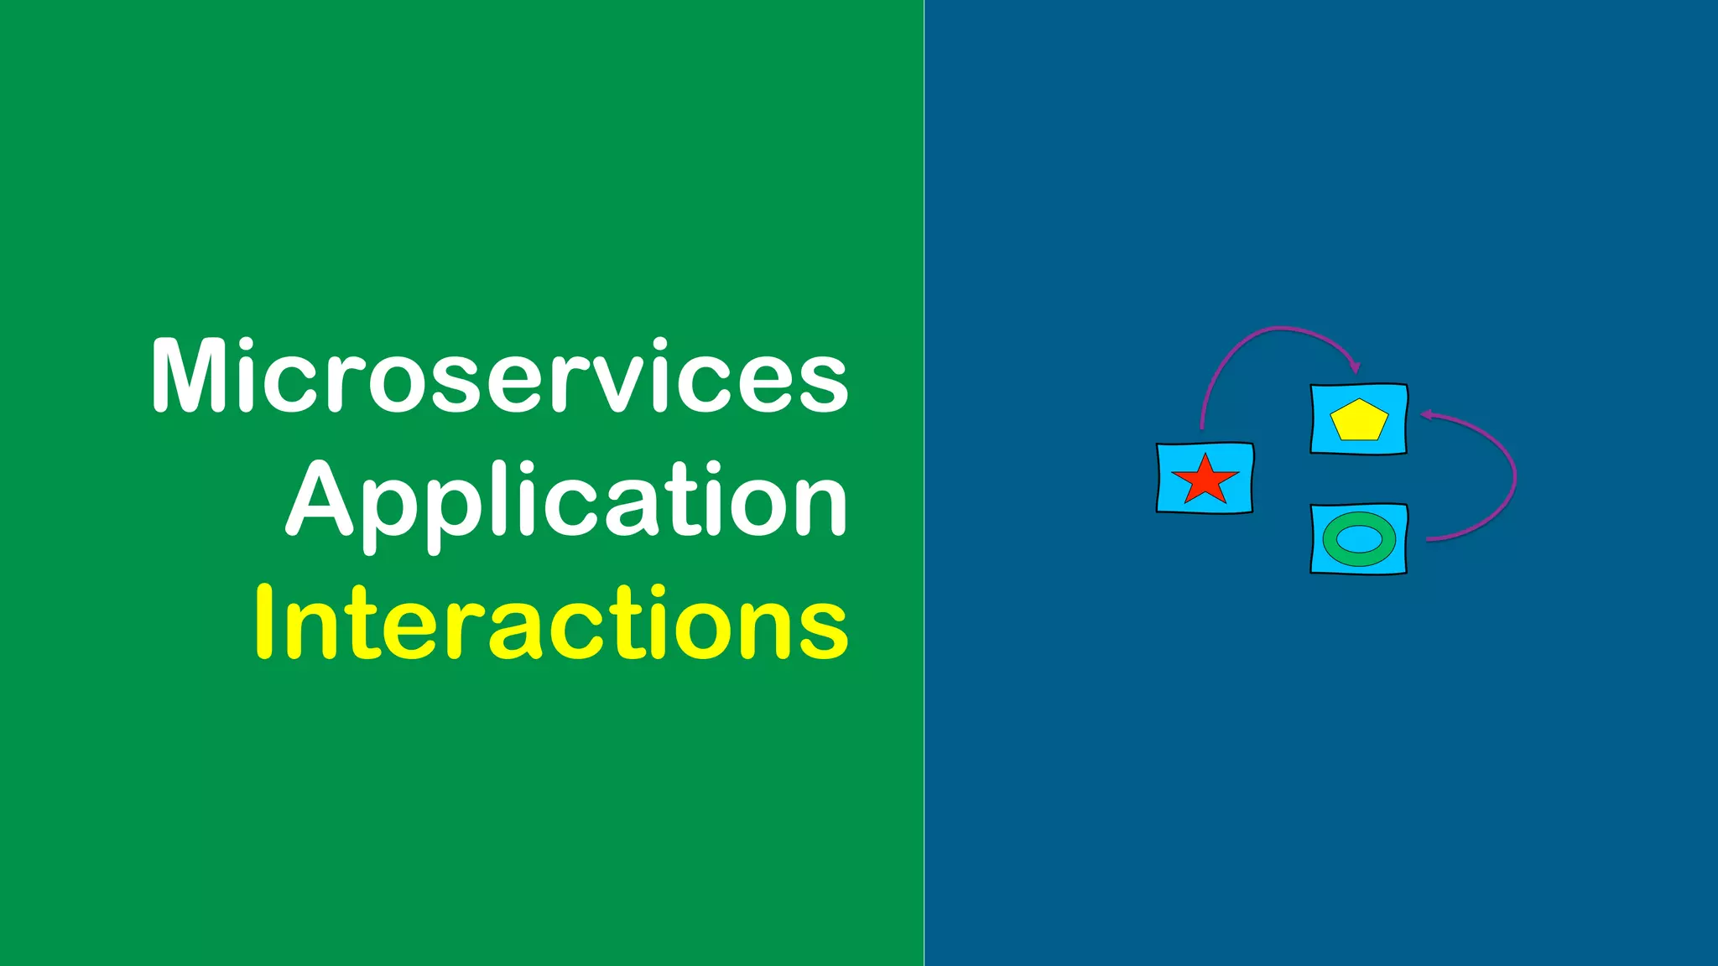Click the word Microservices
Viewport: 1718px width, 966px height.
tap(500, 377)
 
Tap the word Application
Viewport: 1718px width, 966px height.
tap(567, 501)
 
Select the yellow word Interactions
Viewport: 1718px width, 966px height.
tap(551, 623)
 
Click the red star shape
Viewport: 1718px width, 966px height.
tap(1205, 480)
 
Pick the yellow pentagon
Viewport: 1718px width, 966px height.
tap(1359, 421)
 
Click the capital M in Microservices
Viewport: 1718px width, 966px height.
tap(189, 377)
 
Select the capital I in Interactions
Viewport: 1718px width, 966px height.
tap(264, 621)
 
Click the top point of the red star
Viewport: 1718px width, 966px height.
tap(1205, 458)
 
